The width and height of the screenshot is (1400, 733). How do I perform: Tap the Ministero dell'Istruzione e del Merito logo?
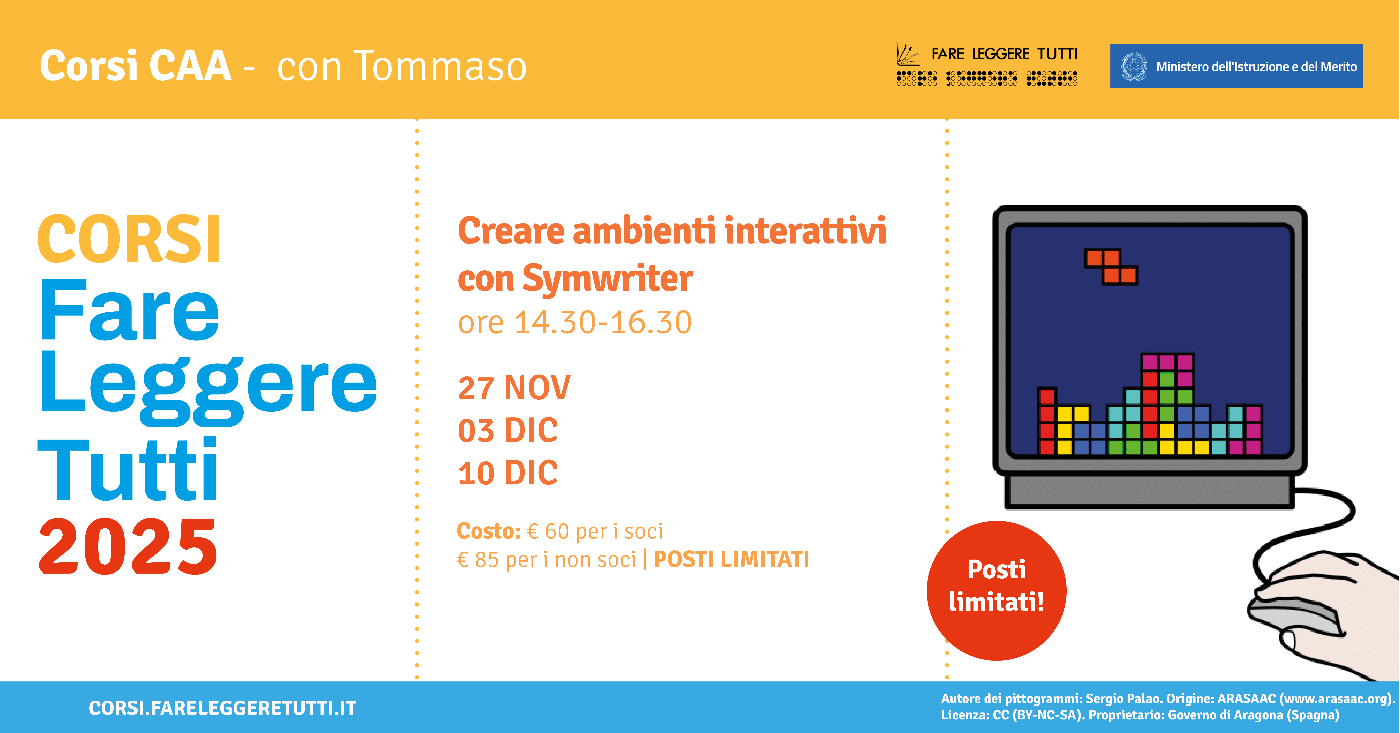coord(1236,66)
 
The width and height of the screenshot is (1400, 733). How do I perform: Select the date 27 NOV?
coord(514,388)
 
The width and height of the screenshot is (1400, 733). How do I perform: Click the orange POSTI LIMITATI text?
coord(731,559)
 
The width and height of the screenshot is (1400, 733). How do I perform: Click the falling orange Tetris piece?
coord(1111,266)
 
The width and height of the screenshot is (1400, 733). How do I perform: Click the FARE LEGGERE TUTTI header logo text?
coord(1004,54)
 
